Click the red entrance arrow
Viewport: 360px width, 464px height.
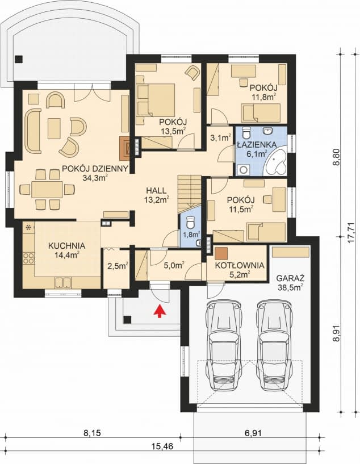tap(160, 311)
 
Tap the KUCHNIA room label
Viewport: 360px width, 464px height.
tap(66, 245)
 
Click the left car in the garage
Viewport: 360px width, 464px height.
tap(223, 346)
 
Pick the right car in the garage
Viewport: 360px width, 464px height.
tap(274, 346)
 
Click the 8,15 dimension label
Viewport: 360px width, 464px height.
tap(92, 433)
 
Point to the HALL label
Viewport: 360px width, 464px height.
tap(156, 191)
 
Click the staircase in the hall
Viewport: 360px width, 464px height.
tap(189, 194)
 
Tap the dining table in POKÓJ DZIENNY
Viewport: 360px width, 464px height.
tap(47, 189)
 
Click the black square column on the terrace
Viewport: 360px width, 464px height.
tap(19, 59)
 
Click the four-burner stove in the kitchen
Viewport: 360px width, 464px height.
tap(29, 257)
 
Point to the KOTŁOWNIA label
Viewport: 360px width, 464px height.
tap(240, 265)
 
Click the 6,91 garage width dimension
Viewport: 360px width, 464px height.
tap(253, 433)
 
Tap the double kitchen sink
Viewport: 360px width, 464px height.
tap(63, 282)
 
